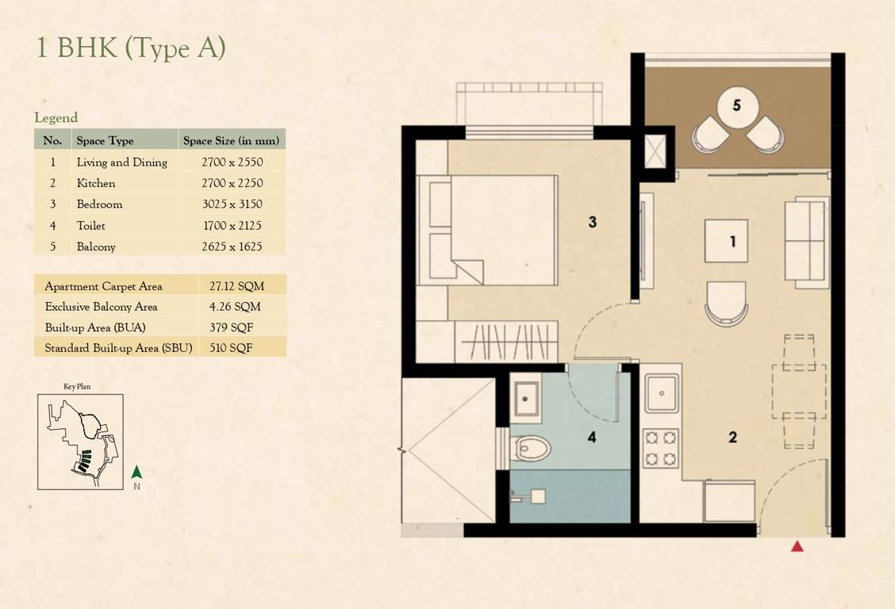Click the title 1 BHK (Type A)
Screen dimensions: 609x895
[x=131, y=48]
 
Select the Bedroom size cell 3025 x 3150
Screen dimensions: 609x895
[x=232, y=204]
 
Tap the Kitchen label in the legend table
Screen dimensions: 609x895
[x=96, y=183]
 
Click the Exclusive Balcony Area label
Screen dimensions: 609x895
[x=101, y=306]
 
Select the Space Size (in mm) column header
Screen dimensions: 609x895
[x=231, y=140]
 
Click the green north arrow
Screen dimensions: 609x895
[x=136, y=473]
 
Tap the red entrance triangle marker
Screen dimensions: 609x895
[x=797, y=546]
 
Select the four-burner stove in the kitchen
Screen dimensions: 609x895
[x=660, y=448]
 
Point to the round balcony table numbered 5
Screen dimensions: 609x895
[x=737, y=105]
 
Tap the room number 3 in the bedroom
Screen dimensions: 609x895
[x=592, y=223]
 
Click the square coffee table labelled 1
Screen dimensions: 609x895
[x=726, y=241]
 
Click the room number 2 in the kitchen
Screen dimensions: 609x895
[x=732, y=436]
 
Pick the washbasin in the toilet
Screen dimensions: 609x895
[x=524, y=396]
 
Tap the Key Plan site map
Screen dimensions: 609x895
[x=80, y=442]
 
